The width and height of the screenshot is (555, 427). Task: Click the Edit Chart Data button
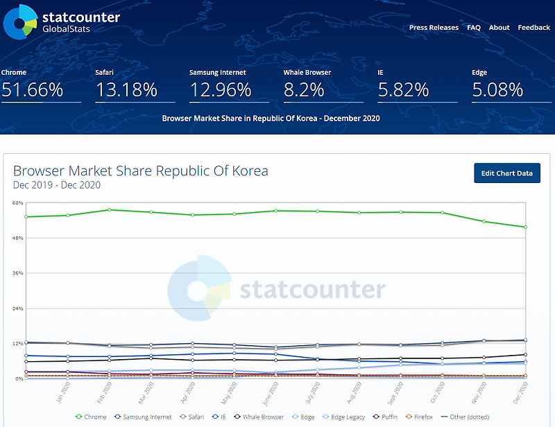click(x=506, y=173)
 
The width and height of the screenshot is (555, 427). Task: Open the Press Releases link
click(x=434, y=28)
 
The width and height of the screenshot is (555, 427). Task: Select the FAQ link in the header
click(x=474, y=28)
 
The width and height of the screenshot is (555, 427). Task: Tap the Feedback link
click(x=533, y=28)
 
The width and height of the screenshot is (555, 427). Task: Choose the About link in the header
click(x=499, y=28)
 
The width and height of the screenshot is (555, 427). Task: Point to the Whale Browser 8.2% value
click(x=304, y=89)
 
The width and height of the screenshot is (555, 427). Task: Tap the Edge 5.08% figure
click(x=497, y=89)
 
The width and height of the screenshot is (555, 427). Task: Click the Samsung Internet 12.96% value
click(x=220, y=89)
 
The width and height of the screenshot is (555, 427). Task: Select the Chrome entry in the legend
click(x=91, y=417)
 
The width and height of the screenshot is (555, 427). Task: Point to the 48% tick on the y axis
click(x=18, y=238)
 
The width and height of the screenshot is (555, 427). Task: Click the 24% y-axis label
click(x=18, y=308)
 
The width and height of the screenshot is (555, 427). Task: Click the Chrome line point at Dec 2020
click(x=526, y=227)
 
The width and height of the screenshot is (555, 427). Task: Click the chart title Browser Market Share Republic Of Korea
click(x=141, y=171)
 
